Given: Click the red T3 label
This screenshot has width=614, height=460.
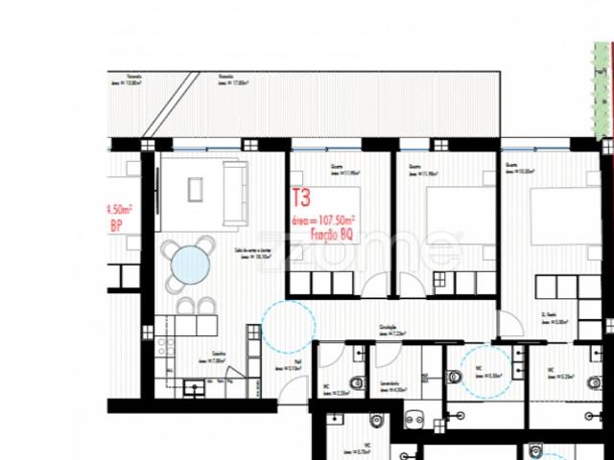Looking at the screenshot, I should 301,199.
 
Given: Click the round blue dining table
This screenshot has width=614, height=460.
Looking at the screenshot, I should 192,263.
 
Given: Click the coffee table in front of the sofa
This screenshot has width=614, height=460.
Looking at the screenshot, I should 196,190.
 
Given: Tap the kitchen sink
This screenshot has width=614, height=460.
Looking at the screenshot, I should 194,389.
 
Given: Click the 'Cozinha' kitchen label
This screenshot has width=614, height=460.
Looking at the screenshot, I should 219,354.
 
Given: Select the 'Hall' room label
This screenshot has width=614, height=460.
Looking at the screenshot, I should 298,362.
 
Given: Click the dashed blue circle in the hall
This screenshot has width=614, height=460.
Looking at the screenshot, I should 287,327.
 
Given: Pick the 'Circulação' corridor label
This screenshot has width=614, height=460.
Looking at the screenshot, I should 388,326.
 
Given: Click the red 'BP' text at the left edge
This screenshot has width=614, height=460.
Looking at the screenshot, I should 116,227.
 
